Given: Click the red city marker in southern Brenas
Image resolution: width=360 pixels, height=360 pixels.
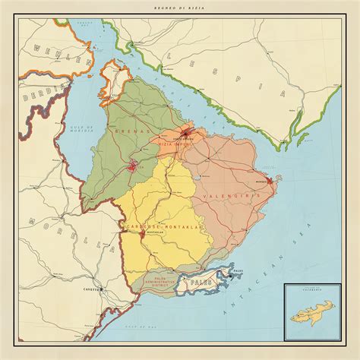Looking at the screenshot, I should (x=136, y=166).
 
